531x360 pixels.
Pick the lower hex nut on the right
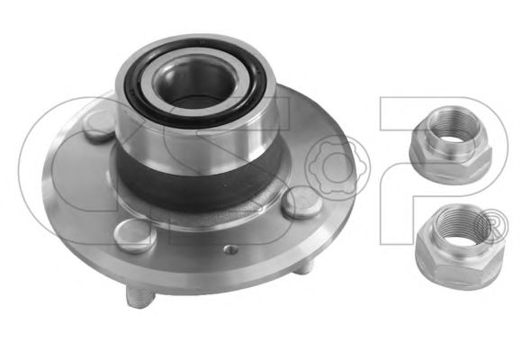460,247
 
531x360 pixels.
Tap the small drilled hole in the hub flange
231,249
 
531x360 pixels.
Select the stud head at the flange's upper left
99,126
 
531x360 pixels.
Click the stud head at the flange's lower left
135,236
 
